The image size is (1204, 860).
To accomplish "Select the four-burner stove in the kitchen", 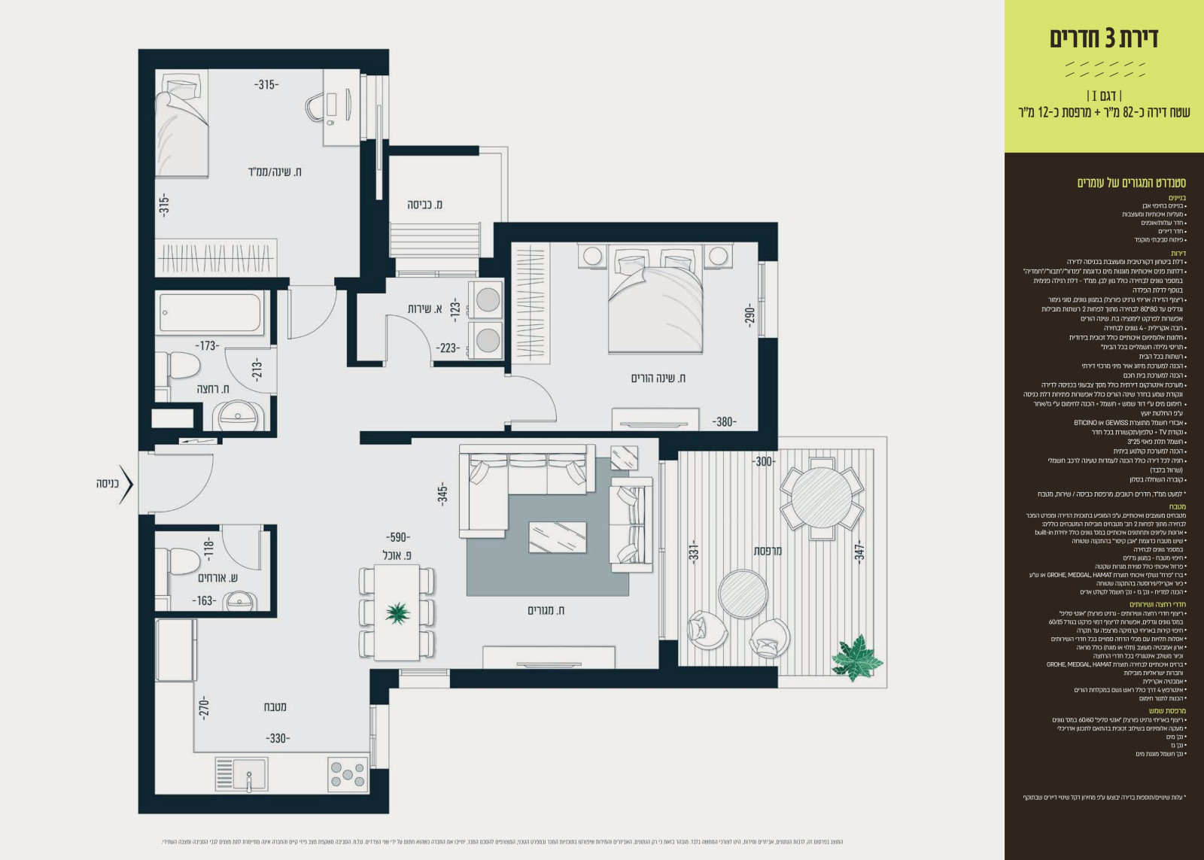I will click(x=348, y=773).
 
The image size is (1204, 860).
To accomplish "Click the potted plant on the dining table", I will click(x=397, y=612).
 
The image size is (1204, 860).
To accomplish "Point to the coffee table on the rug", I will click(x=558, y=536).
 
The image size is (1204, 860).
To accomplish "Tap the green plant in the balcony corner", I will click(x=856, y=656).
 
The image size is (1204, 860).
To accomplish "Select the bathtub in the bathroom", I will click(x=210, y=313).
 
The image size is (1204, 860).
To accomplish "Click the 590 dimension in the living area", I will click(x=397, y=537).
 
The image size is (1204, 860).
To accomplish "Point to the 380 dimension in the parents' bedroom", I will click(x=724, y=421).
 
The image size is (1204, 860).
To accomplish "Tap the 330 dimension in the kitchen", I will click(x=278, y=738).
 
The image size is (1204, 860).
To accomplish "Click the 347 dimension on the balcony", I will click(x=859, y=550).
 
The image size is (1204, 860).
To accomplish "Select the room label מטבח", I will click(x=275, y=707).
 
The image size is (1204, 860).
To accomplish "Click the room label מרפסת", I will click(x=768, y=551).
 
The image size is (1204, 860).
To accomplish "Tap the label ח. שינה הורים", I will click(x=658, y=378).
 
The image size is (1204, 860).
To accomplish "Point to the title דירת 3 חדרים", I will click(x=1104, y=38).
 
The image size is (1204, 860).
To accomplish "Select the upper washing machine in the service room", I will click(x=488, y=299).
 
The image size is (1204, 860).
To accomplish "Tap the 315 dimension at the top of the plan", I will click(x=266, y=85).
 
